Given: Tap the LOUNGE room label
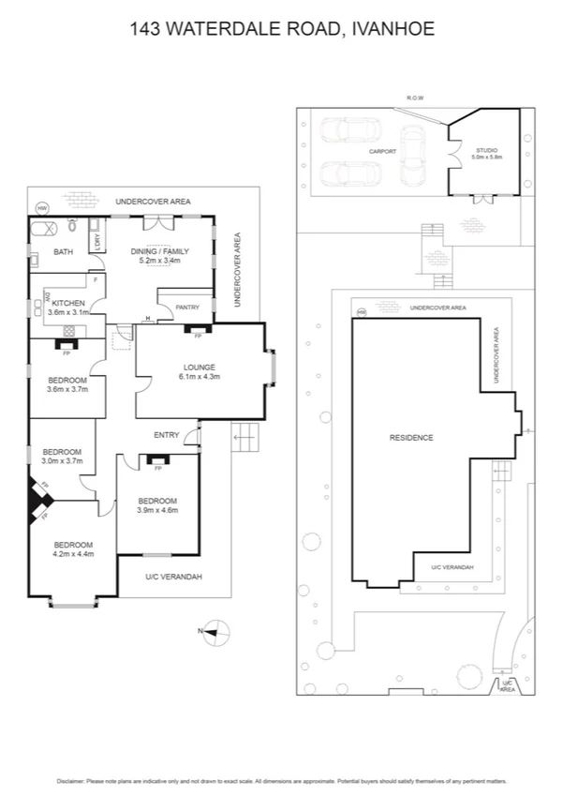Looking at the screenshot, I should coord(200,367).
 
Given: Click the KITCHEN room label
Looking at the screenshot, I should coord(68,303).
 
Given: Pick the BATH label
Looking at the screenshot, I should coord(63,251).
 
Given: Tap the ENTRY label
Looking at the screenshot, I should coord(167,434).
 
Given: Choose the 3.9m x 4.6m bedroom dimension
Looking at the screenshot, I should coord(156,510).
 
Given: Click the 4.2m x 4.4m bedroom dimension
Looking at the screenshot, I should coord(72,555).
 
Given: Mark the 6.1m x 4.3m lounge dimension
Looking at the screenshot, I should coord(200,377).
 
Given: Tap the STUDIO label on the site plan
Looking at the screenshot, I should coord(486,150).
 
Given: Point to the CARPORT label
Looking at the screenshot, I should coord(382,151).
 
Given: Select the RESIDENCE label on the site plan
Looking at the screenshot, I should coord(411,438).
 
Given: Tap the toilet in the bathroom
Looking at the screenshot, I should coord(72,228).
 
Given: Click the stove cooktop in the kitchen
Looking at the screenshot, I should coord(67,329).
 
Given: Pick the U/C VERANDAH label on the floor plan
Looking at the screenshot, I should coord(173,577).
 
